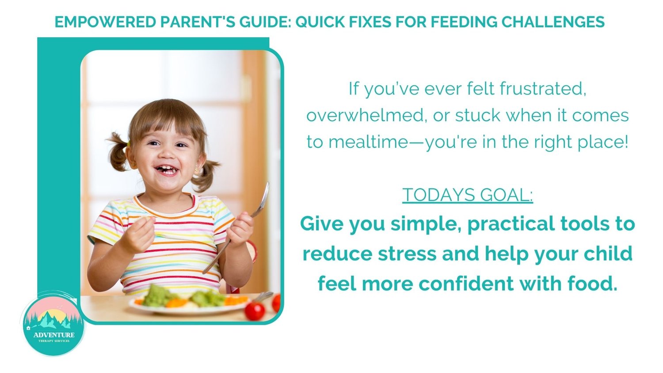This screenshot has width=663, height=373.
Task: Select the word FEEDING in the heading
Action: pos(464,22)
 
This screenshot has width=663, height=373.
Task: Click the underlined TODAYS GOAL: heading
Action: pos(467,195)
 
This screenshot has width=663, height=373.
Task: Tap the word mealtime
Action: pos(368,142)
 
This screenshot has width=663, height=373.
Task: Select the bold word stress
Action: pos(407,254)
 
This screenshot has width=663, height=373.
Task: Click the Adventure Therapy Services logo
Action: pos(53,324)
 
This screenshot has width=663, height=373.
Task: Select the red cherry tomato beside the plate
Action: pos(255,311)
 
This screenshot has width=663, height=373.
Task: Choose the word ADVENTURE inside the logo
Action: pos(54,335)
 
